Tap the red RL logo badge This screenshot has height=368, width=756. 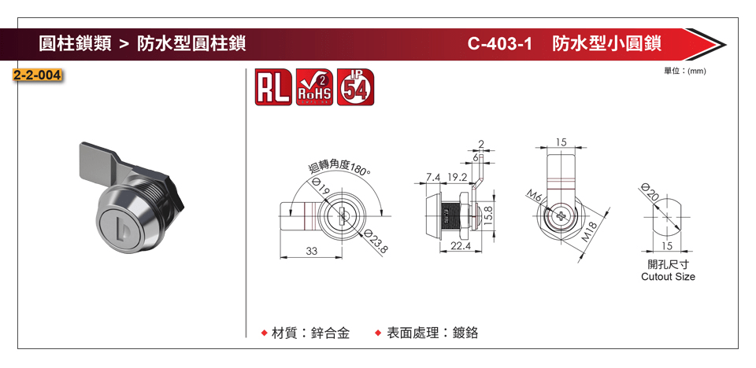point(274,87)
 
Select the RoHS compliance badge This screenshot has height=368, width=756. point(314,87)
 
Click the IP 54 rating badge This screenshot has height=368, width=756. point(357,87)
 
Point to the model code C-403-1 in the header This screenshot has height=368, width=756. point(500,43)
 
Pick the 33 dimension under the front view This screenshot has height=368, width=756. point(312,251)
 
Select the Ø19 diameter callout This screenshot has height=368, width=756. point(321,189)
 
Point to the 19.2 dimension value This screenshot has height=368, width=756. point(458,176)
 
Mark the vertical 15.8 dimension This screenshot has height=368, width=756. point(488,213)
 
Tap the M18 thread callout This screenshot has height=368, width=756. point(590,232)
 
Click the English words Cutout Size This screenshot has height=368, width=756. point(668,277)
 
